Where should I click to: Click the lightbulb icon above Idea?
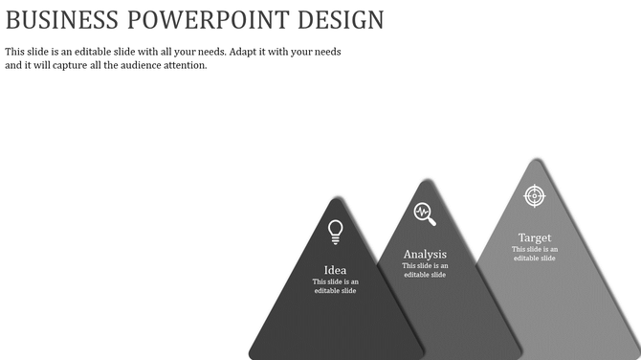336,231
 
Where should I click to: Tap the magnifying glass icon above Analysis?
425,214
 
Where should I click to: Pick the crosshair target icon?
535,195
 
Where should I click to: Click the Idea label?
336,270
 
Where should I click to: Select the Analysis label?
425,255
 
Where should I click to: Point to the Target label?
535,237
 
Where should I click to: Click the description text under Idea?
336,286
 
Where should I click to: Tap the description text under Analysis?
425,270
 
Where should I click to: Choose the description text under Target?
535,254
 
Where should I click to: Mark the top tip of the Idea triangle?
337,199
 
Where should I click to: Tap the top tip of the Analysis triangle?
426,181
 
